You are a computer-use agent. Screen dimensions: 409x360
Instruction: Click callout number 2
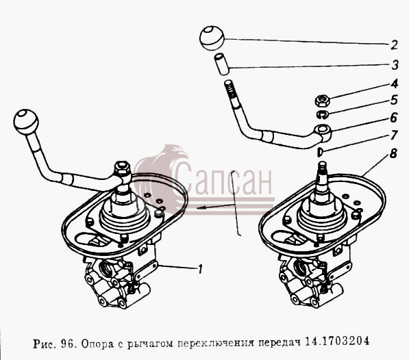[394, 44]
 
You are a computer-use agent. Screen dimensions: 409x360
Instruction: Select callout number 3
[395, 65]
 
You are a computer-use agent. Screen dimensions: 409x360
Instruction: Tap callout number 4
[394, 84]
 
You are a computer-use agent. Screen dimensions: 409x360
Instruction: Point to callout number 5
[394, 101]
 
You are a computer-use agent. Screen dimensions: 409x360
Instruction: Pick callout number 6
[394, 118]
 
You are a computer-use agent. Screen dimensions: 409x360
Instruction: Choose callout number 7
[394, 136]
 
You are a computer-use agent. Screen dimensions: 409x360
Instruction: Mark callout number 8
[393, 153]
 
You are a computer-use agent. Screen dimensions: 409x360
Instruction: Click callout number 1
[200, 269]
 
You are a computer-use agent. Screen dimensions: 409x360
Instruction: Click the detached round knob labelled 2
[212, 38]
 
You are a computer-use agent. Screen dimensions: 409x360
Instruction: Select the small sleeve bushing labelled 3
[222, 64]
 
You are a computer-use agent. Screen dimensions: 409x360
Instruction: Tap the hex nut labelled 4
[323, 101]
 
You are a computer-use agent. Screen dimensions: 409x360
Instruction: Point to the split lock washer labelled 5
[323, 114]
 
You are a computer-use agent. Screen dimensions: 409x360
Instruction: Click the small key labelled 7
[320, 152]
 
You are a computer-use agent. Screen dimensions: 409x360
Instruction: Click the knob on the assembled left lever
[26, 122]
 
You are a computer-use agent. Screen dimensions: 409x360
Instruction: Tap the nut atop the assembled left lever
[122, 168]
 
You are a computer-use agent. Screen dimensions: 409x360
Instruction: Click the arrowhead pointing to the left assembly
[200, 207]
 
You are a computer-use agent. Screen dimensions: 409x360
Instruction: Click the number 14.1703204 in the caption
[337, 341]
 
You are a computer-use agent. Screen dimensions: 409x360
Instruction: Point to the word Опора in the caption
[97, 344]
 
